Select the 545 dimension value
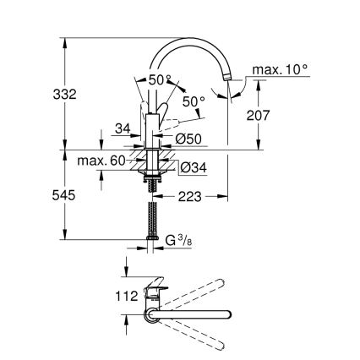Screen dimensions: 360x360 point(41,194)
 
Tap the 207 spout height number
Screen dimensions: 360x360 point(257,116)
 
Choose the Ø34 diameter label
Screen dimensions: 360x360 point(194,168)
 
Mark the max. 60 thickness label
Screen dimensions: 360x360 point(101,161)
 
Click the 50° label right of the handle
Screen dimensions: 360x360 point(194,102)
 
